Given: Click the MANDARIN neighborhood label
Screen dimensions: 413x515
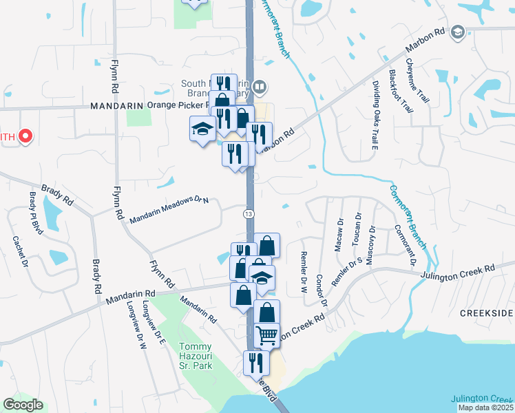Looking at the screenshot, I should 116,106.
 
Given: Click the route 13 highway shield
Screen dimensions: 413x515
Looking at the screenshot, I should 249,214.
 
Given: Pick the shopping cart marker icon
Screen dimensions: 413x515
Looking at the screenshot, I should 266,336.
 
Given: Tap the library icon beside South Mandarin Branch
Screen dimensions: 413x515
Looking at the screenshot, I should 260,87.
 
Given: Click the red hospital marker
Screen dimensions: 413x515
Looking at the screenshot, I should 25,136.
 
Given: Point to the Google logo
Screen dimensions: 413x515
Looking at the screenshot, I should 23,405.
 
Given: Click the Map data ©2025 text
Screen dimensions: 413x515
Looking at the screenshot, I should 485,407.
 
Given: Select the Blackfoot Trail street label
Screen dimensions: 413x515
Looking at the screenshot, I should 401,91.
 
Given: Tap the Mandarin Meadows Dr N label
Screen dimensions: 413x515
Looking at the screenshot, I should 169,210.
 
